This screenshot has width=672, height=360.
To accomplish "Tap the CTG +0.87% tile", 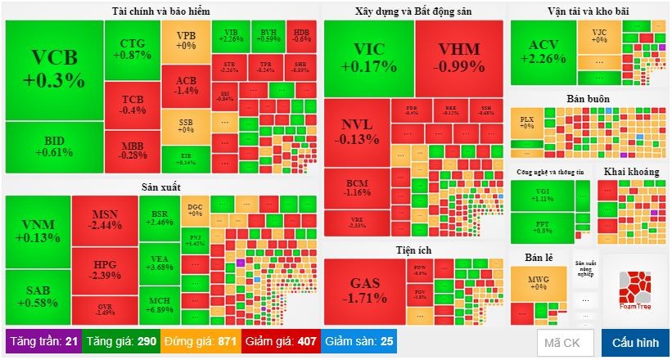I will click(x=132, y=49).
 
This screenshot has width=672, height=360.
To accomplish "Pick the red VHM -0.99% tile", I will click(x=458, y=57).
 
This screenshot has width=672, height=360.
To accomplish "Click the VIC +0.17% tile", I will click(x=368, y=57).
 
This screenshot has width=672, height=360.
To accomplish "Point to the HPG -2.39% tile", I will click(x=104, y=270).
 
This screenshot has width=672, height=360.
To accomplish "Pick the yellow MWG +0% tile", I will click(x=538, y=282).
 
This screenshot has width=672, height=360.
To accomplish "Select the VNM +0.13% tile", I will click(x=38, y=232).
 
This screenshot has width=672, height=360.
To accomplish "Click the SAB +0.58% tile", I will click(x=38, y=297).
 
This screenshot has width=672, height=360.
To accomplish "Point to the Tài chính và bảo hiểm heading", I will click(x=160, y=11).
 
